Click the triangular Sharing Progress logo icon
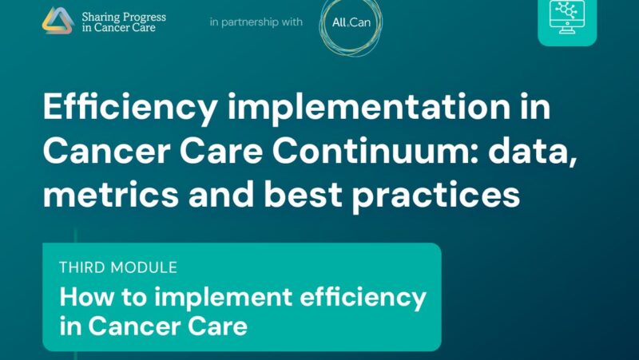click(x=58, y=21)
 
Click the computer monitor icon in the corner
click(x=566, y=18)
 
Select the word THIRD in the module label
click(x=83, y=267)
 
